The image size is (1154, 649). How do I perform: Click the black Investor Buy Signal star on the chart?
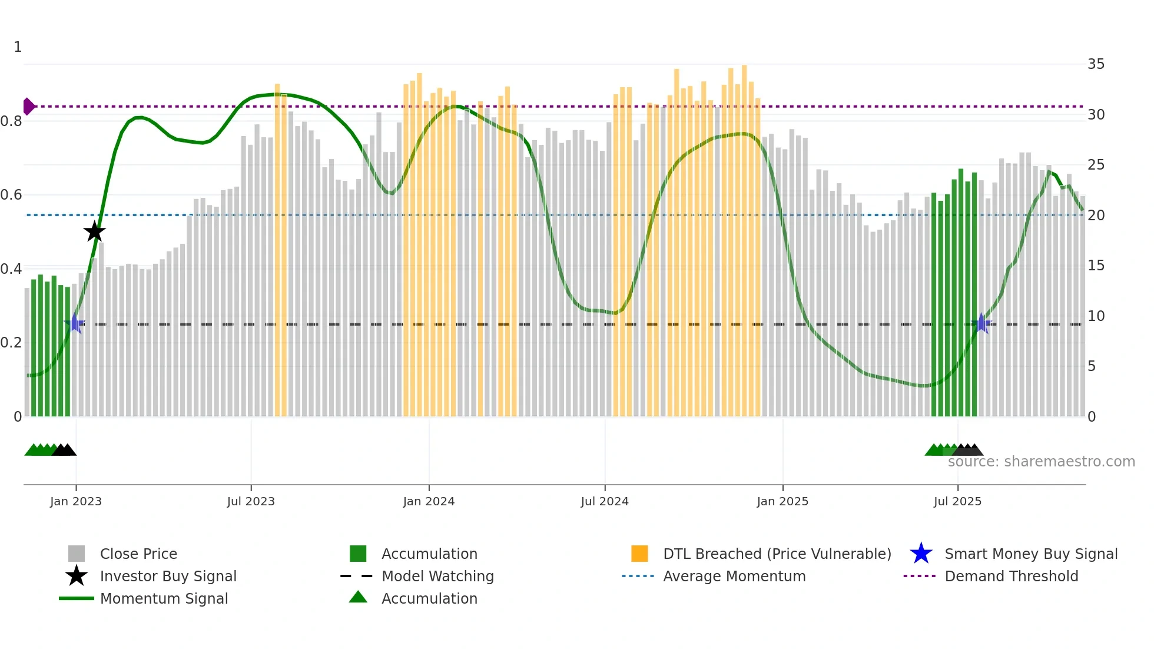(94, 231)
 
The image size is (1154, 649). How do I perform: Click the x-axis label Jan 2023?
(76, 501)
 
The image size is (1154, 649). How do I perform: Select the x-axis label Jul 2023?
(251, 501)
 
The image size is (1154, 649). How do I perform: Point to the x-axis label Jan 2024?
(429, 501)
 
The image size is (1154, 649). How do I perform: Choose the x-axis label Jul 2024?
(605, 501)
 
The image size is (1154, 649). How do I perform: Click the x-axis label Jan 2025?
(782, 501)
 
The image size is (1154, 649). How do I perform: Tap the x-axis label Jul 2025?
(957, 501)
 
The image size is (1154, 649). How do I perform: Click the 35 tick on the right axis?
(1096, 64)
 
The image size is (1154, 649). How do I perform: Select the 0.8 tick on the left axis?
(12, 121)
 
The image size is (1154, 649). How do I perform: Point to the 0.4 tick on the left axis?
(12, 269)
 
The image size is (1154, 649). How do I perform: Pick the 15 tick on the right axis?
(1096, 266)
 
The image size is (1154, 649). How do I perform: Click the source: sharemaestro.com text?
(1041, 462)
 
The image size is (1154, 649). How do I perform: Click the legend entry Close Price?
(138, 554)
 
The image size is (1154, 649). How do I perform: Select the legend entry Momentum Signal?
(164, 598)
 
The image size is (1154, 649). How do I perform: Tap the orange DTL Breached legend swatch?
(639, 554)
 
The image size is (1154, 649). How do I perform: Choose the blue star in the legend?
(921, 554)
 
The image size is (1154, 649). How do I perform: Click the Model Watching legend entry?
(437, 576)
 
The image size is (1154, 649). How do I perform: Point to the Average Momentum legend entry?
(734, 576)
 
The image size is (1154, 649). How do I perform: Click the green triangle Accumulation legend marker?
(358, 597)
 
